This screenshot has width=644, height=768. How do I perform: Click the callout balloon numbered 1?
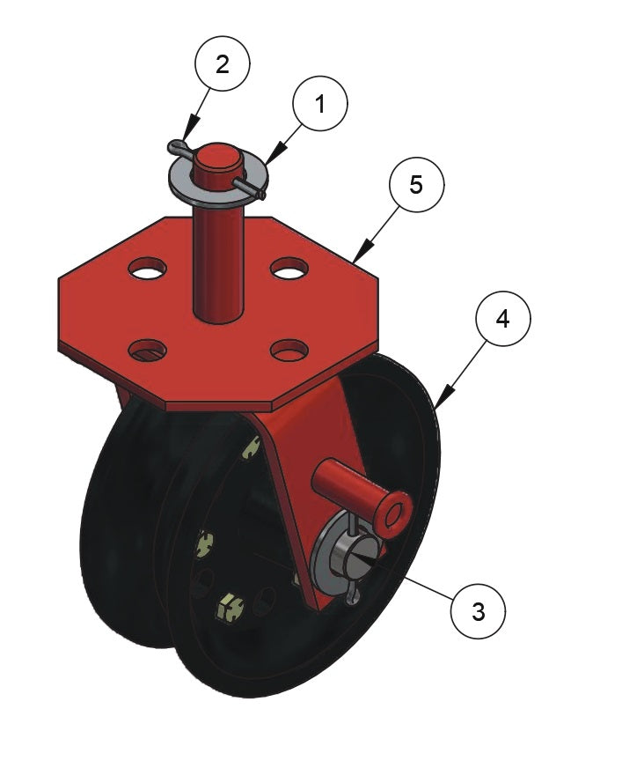click(320, 103)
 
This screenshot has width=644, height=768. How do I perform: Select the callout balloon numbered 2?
click(223, 63)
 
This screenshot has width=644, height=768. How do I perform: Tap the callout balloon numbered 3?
click(478, 610)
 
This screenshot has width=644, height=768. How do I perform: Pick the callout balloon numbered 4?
click(502, 319)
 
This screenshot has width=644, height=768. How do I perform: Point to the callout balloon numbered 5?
click(416, 185)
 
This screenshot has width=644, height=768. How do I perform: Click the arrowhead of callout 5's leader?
click(360, 254)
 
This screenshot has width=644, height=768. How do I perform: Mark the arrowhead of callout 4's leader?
click(442, 398)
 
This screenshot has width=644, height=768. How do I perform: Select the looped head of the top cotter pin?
click(176, 146)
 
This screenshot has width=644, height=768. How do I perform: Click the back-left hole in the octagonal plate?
click(147, 269)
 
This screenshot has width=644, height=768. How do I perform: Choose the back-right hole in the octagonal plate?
click(289, 269)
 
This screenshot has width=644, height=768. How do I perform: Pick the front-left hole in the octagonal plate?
click(147, 351)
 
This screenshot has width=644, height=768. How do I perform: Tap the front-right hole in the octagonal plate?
click(289, 350)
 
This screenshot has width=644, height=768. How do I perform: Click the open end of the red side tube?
click(393, 515)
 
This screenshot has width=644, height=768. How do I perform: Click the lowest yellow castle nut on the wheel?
click(230, 608)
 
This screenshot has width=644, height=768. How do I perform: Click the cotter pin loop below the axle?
click(352, 595)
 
